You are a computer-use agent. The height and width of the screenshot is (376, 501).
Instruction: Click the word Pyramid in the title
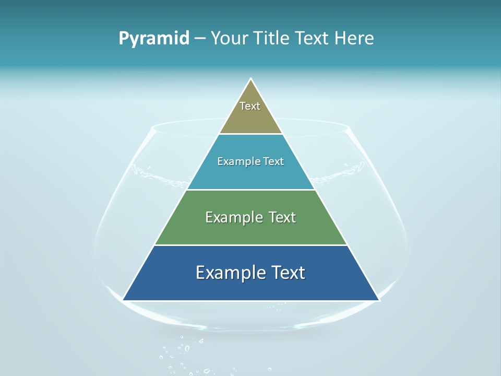pyautogui.click(x=153, y=39)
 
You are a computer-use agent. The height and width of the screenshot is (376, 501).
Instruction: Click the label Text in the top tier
pyautogui.click(x=250, y=106)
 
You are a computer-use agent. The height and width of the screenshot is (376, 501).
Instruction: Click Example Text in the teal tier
pyautogui.click(x=250, y=161)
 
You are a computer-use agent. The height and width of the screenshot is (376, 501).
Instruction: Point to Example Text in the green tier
pyautogui.click(x=250, y=217)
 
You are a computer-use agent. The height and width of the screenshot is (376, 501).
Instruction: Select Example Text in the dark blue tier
pyautogui.click(x=250, y=273)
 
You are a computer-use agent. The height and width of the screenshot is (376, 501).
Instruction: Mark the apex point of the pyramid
pyautogui.click(x=251, y=79)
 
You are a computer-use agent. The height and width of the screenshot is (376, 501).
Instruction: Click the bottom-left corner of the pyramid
pyautogui.click(x=123, y=300)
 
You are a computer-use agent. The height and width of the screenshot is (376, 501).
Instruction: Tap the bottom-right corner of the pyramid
pyautogui.click(x=378, y=300)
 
